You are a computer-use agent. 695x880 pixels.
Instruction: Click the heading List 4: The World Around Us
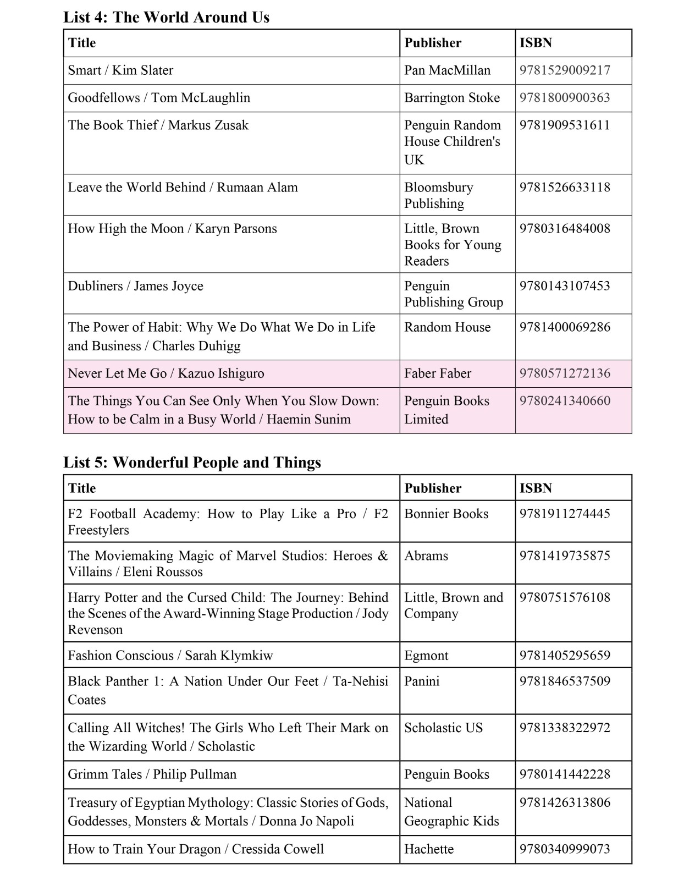166,17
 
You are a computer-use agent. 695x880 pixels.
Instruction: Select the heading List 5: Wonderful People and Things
192,462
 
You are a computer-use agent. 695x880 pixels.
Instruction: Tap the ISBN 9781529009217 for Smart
565,70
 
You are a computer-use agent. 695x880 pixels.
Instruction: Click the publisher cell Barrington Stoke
452,98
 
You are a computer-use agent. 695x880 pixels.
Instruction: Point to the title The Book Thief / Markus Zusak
158,125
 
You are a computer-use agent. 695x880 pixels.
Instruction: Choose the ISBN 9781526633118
565,187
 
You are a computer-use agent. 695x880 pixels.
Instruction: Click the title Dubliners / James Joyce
135,286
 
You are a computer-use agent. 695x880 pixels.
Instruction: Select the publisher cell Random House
447,327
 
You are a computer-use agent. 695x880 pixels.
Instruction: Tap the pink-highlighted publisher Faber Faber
438,373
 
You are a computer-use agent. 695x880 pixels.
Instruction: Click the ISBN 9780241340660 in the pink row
565,401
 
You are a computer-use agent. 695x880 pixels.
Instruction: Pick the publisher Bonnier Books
446,514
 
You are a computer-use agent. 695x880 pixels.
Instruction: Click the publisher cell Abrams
426,556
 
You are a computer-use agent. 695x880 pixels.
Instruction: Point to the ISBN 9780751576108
565,597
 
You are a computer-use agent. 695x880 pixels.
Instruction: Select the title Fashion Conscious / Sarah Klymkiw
170,656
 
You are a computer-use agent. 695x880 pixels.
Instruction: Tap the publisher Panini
422,681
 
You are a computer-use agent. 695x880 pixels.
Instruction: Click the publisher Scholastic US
443,728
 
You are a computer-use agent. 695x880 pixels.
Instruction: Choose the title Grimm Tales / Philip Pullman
152,774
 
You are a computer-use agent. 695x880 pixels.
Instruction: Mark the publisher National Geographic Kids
451,812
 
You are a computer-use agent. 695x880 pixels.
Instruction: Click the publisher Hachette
429,849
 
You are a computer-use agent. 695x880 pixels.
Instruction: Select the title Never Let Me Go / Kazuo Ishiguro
166,373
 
